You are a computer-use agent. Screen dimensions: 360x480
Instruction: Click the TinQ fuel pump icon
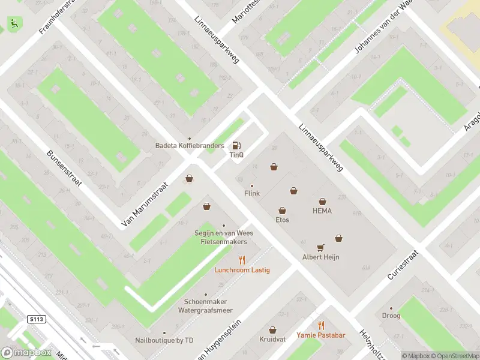pyautogui.click(x=236, y=145)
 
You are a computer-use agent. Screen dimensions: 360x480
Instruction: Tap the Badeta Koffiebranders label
pyautogui.click(x=190, y=146)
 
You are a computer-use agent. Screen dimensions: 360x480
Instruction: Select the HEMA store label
pyautogui.click(x=322, y=211)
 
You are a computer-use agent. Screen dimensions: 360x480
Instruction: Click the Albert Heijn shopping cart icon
pyautogui.click(x=320, y=247)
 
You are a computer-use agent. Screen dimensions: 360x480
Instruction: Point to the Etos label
pyautogui.click(x=282, y=220)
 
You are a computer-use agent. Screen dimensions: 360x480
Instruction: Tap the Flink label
pyautogui.click(x=251, y=194)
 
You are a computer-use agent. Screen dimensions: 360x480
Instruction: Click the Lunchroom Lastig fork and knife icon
pyautogui.click(x=242, y=260)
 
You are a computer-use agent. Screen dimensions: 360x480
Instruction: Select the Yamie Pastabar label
pyautogui.click(x=320, y=335)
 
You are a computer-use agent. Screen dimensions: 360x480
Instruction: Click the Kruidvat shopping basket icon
pyautogui.click(x=272, y=330)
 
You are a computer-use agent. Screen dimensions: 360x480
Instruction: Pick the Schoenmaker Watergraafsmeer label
pyautogui.click(x=205, y=306)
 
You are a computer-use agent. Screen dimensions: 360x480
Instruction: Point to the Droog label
pyautogui.click(x=391, y=316)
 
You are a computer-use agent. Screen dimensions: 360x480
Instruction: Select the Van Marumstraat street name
pyautogui.click(x=146, y=204)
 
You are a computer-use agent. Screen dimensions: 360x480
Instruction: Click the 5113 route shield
pyautogui.click(x=35, y=320)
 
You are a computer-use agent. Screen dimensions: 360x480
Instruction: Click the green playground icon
pyautogui.click(x=13, y=23)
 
